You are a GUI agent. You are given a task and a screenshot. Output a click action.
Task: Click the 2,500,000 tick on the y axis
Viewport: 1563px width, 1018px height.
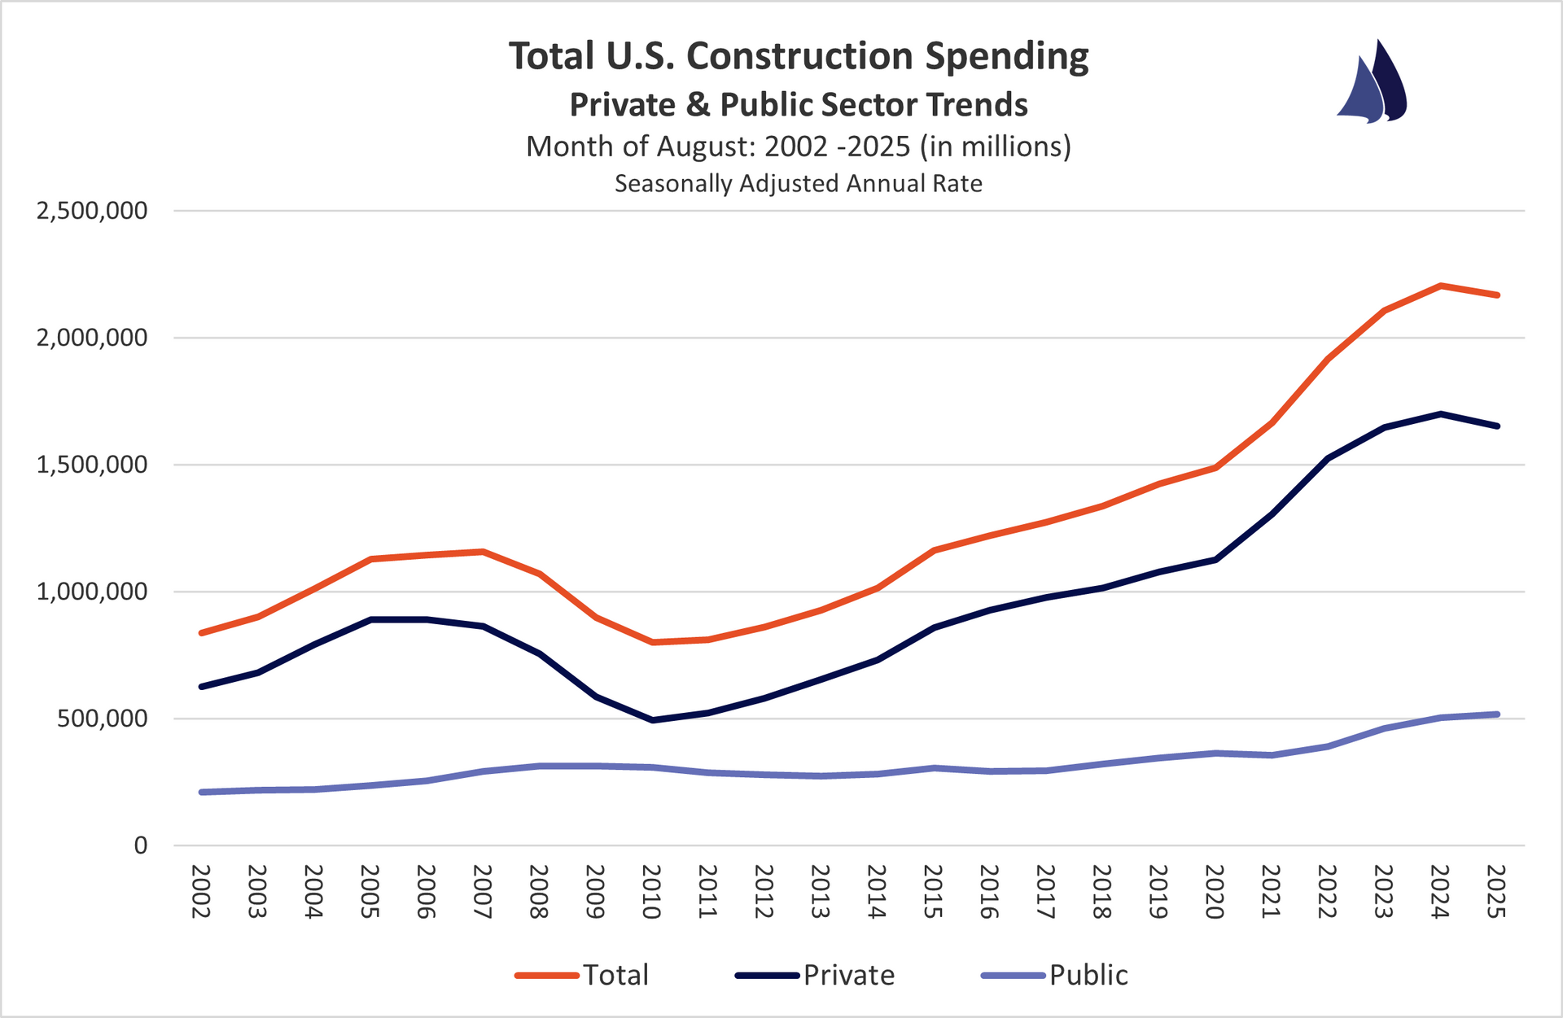[x=92, y=211]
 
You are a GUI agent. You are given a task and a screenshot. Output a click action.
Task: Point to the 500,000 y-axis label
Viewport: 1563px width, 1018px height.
[x=103, y=719]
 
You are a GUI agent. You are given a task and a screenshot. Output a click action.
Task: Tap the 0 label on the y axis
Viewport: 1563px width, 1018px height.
[x=141, y=845]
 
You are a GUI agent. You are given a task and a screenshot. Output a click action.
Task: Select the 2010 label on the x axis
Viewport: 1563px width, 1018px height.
[x=650, y=892]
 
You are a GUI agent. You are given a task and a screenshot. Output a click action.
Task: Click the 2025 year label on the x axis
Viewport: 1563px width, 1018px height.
[x=1496, y=892]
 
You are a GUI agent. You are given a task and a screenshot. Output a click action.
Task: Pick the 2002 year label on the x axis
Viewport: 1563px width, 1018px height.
[x=200, y=892]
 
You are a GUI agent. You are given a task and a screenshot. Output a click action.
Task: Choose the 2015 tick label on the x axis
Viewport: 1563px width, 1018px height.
[x=933, y=892]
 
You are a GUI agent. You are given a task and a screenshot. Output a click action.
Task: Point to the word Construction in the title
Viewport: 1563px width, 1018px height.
[x=799, y=56]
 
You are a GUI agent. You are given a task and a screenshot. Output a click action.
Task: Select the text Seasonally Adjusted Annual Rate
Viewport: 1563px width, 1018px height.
[x=798, y=184]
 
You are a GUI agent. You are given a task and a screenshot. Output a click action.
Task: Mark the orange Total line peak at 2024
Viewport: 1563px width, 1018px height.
[x=1440, y=286]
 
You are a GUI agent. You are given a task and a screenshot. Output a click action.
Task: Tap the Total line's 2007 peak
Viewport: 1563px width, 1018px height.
[x=483, y=552]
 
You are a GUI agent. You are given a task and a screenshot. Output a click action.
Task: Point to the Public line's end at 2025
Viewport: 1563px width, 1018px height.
[x=1497, y=714]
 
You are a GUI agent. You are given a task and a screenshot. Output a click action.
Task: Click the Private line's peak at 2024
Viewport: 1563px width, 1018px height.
[x=1440, y=414]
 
